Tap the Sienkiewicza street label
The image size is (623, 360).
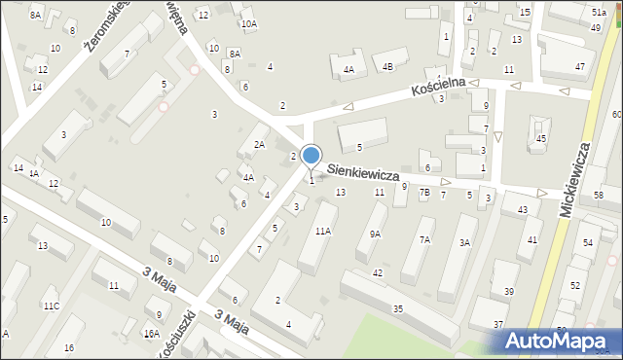pyautogui.click(x=363, y=172)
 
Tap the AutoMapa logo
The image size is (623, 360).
pyautogui.click(x=560, y=341)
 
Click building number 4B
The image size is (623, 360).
pyautogui.click(x=387, y=67)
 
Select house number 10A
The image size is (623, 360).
pyautogui.click(x=249, y=23)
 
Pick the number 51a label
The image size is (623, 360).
pyautogui.click(x=598, y=10)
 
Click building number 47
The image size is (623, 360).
pyautogui.click(x=580, y=66)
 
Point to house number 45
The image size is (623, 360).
pyautogui.click(x=540, y=139)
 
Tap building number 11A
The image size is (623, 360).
pyautogui.click(x=322, y=231)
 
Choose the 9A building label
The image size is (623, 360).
pyautogui.click(x=375, y=234)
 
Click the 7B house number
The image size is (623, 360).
pyautogui.click(x=424, y=193)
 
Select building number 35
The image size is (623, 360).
pyautogui.click(x=398, y=308)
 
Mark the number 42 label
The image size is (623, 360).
pyautogui.click(x=378, y=273)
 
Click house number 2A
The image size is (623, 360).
pyautogui.click(x=259, y=144)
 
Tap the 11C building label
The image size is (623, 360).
pyautogui.click(x=51, y=306)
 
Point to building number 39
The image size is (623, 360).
pyautogui.click(x=509, y=292)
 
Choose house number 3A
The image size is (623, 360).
pyautogui.click(x=465, y=242)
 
